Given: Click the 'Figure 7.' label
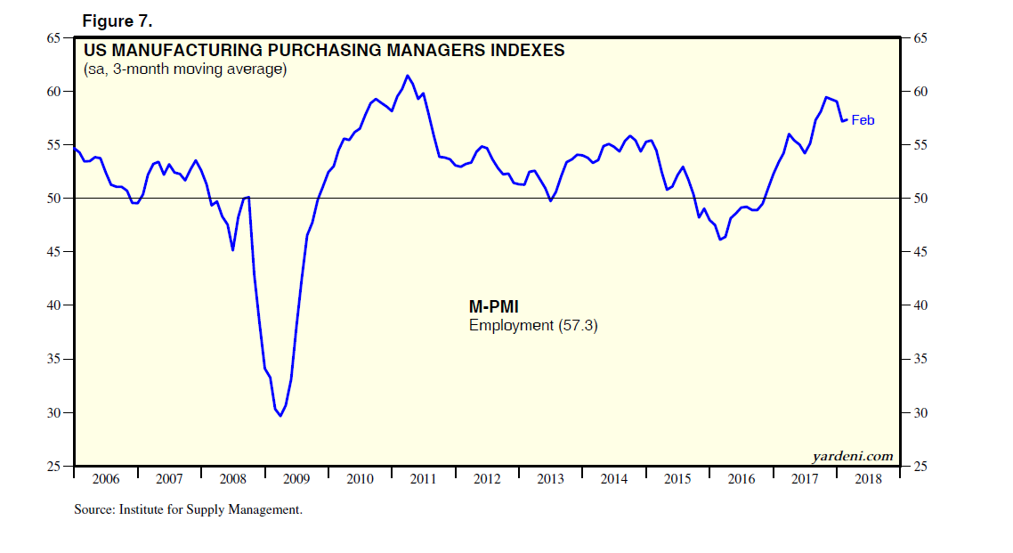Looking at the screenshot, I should [x=117, y=20].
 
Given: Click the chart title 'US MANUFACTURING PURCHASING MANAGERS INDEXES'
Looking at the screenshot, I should [x=324, y=51].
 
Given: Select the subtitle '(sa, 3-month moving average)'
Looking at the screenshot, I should [x=185, y=69].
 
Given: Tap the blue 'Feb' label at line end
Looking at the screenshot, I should [x=863, y=120].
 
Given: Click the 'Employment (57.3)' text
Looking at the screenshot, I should [x=533, y=326].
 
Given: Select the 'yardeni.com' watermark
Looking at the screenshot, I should [x=852, y=456].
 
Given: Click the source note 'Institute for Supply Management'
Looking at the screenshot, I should [x=214, y=510].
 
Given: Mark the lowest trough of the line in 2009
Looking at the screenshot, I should [x=280, y=416].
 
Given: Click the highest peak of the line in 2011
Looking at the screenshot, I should [x=407, y=76].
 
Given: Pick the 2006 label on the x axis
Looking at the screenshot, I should [x=105, y=479].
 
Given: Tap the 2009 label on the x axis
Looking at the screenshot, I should [x=296, y=479].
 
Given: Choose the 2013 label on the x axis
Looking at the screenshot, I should [x=550, y=479].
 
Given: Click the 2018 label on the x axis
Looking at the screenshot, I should [x=868, y=479].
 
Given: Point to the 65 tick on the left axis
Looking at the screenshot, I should [x=53, y=38].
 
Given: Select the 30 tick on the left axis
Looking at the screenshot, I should [x=53, y=413].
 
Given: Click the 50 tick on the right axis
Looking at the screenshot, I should [x=920, y=199].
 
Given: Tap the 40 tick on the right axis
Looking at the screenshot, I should [x=920, y=305].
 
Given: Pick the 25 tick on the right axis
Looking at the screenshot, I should [x=920, y=467].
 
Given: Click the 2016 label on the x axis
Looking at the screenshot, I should [x=741, y=479].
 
